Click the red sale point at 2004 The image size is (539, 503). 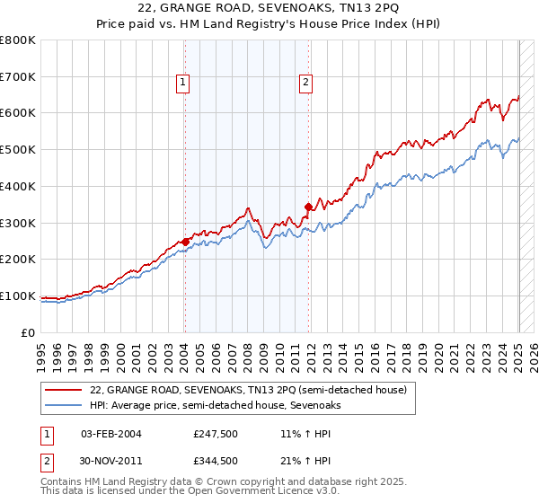[x=185, y=242]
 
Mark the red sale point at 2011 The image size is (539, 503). [x=308, y=207]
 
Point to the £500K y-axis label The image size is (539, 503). [x=17, y=150]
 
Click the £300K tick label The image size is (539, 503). [x=17, y=223]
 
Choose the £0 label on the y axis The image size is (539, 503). [x=27, y=332]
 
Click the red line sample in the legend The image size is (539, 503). [x=63, y=390]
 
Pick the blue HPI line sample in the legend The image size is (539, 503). [x=63, y=405]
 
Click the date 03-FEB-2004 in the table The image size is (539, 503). [x=111, y=434]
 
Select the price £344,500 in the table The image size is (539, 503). [x=216, y=461]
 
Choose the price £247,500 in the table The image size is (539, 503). [x=216, y=434]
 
